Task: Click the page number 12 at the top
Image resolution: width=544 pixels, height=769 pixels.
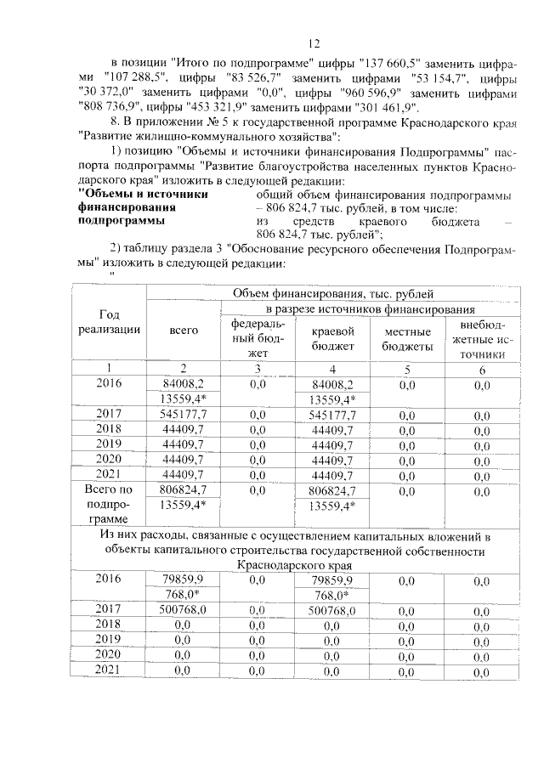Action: (x=313, y=43)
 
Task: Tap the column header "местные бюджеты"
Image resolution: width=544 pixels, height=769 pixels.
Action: (x=405, y=338)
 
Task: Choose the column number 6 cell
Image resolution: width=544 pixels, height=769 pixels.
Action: (x=482, y=369)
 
